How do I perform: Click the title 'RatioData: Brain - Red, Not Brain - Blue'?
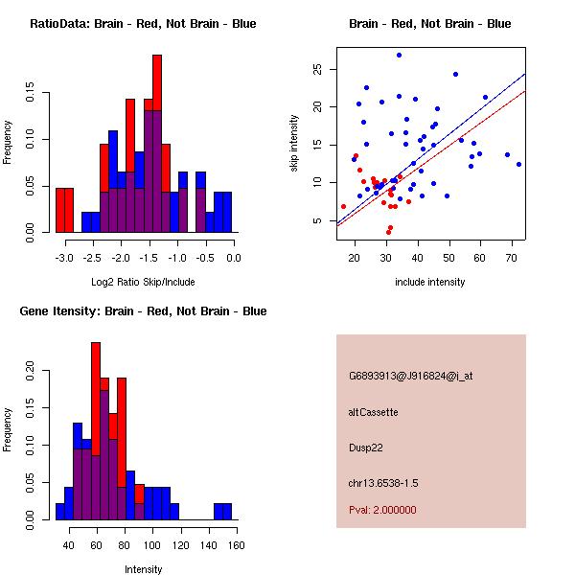click(x=143, y=24)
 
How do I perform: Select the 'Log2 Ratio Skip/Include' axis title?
click(x=143, y=282)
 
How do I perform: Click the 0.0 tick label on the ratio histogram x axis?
click(x=233, y=258)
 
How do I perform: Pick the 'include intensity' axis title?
click(x=429, y=282)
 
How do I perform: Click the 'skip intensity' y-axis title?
click(x=295, y=144)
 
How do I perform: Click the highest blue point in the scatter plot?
click(x=399, y=55)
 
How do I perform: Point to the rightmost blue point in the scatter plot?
click(x=518, y=164)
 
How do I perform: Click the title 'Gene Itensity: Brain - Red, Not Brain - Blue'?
click(x=143, y=311)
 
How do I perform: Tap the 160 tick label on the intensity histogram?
click(x=236, y=545)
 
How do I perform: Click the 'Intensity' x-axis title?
click(x=143, y=569)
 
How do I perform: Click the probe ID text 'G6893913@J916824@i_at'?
click(x=411, y=376)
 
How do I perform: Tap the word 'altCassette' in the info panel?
click(x=373, y=412)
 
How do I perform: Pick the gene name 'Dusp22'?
click(x=365, y=447)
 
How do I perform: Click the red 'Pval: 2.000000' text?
click(x=382, y=510)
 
